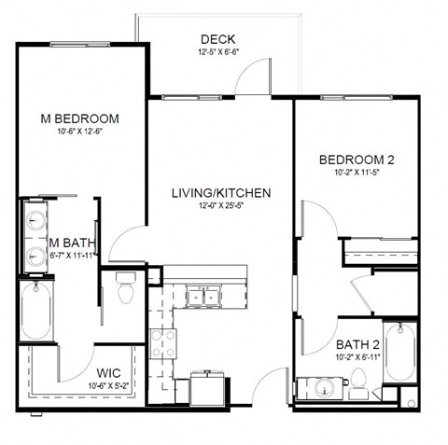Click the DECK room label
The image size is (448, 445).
point(217,39)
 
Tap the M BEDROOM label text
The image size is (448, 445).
point(80,118)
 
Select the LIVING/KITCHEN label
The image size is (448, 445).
point(221,193)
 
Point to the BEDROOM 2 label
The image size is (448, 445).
point(357,160)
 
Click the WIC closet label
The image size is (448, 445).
point(108,373)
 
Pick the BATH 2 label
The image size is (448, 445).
point(358,345)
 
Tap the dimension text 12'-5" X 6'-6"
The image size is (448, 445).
point(218,52)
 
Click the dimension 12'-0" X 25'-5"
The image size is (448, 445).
point(221,205)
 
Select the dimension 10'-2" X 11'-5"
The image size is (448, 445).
point(357,173)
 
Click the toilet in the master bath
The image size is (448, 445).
point(126,288)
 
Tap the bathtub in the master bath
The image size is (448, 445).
point(36,311)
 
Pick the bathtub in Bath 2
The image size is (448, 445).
point(399,352)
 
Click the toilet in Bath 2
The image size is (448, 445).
point(358,384)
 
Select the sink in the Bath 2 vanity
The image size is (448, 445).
point(325,388)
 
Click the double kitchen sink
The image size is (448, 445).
point(203,297)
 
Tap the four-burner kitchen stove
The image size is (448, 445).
point(163,343)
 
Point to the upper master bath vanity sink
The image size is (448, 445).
point(36,220)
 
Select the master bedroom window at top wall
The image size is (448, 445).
point(80,45)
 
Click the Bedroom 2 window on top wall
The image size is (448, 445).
point(357,98)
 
